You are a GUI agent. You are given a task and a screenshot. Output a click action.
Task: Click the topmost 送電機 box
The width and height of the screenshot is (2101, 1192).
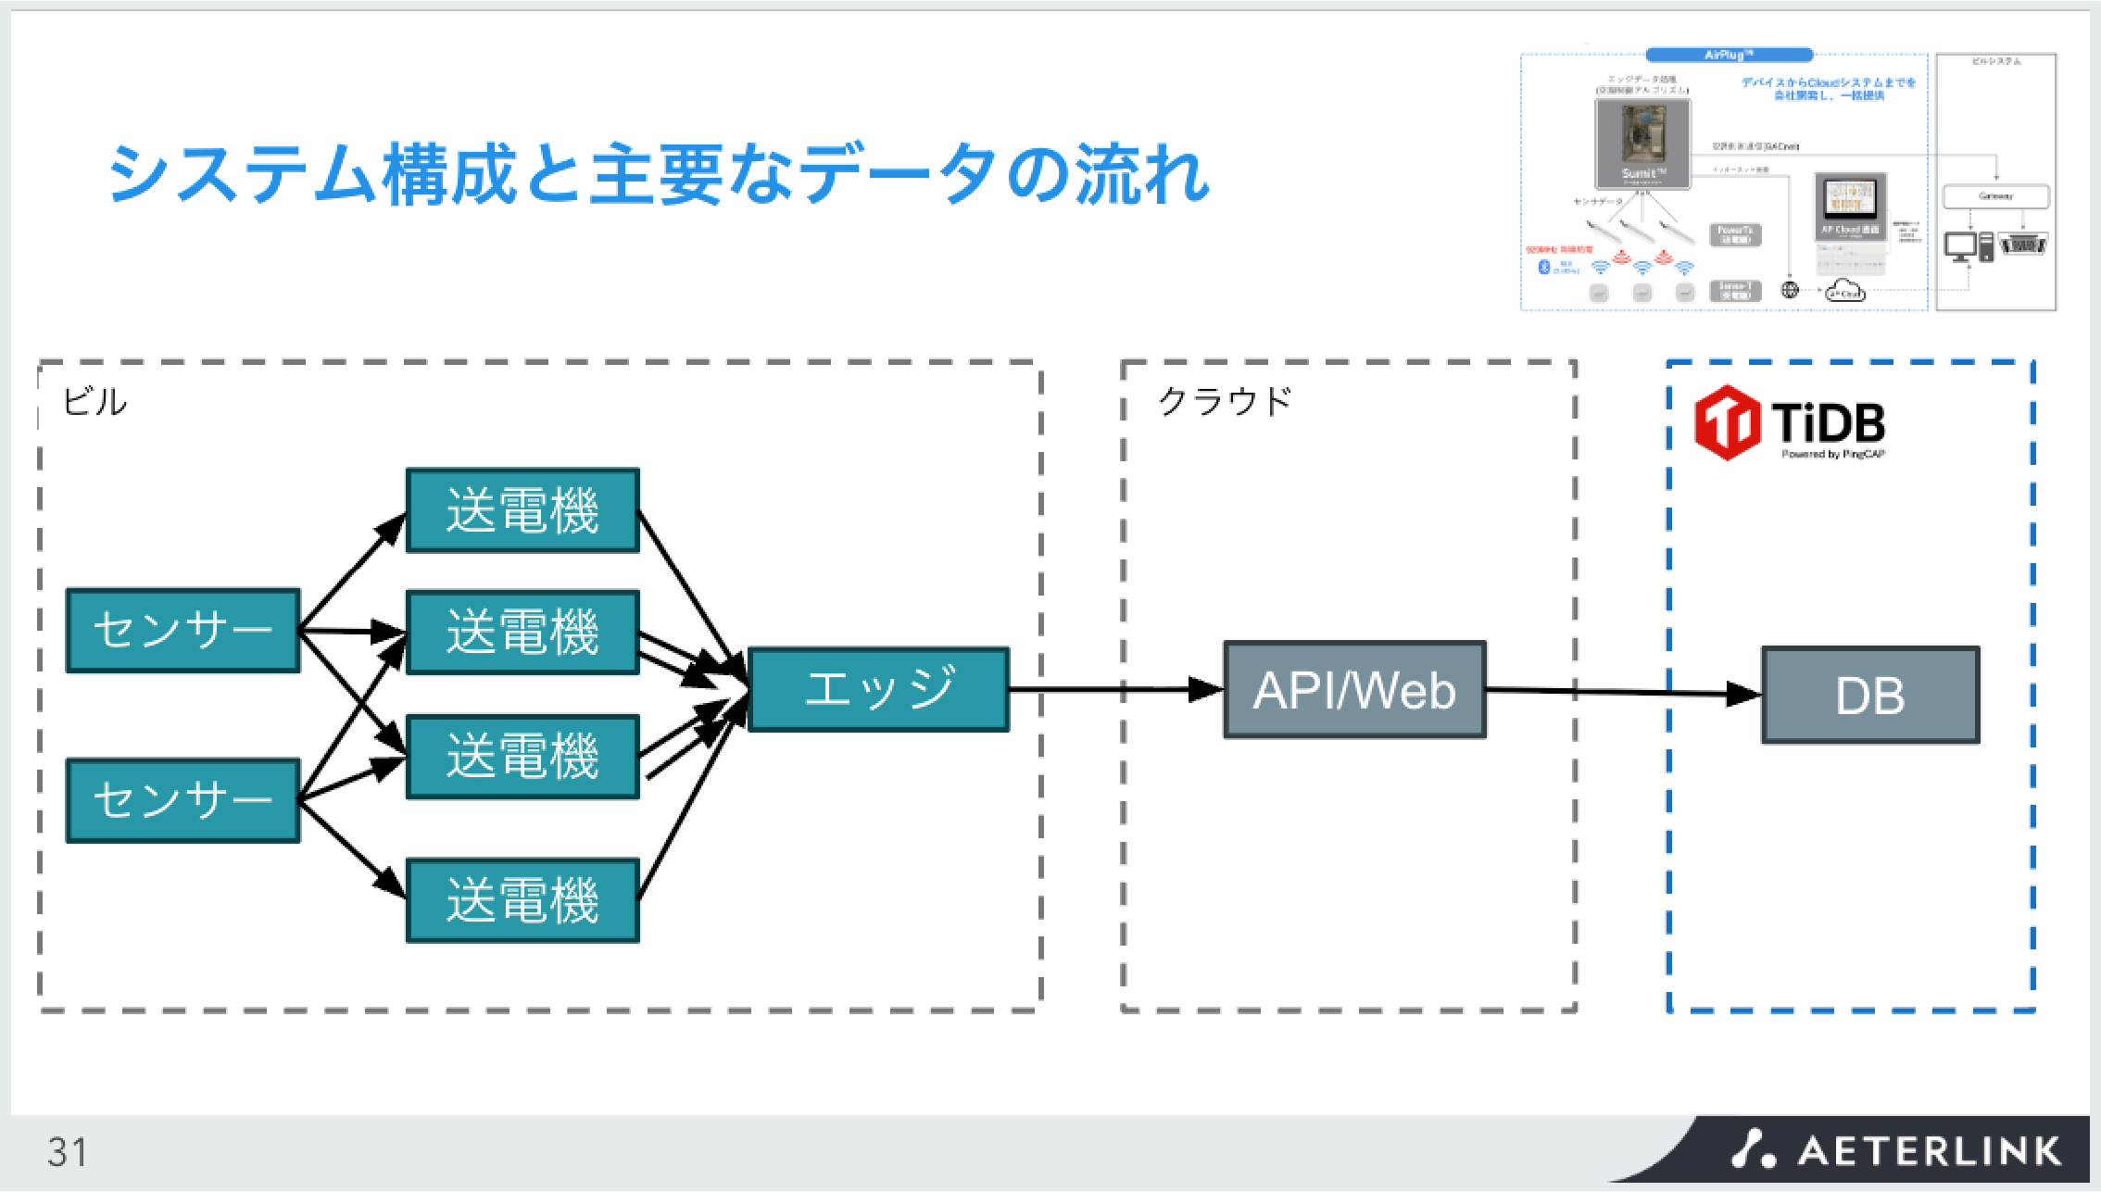point(522,510)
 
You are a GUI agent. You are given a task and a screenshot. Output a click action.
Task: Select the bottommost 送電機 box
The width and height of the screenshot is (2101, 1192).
point(522,900)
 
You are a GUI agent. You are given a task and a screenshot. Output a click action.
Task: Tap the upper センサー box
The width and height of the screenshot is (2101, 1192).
point(183,630)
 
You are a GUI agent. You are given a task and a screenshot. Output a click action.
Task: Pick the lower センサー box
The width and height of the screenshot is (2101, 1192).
point(183,800)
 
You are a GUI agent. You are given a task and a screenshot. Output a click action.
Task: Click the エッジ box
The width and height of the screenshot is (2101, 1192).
point(878,689)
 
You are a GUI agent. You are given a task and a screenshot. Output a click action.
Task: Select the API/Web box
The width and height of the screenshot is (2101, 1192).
point(1354,690)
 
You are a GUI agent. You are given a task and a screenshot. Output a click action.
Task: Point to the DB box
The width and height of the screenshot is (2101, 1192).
point(1870,696)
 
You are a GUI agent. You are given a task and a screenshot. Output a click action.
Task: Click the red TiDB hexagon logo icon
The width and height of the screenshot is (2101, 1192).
point(1727,423)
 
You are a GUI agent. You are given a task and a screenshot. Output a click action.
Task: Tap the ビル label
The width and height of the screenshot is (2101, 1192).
point(94,402)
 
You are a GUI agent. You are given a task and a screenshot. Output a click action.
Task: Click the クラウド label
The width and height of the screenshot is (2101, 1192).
point(1225,402)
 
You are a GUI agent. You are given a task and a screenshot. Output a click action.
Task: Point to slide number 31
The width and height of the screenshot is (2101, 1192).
point(68,1152)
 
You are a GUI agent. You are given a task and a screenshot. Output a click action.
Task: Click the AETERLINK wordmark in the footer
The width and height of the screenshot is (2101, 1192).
point(1929,1151)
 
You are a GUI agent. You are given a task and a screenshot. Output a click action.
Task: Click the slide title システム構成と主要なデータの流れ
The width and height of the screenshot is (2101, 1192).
point(659,174)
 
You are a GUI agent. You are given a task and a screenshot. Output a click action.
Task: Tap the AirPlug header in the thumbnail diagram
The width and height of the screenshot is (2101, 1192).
point(1729,56)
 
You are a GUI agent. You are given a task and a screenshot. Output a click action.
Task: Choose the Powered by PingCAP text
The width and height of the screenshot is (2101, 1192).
point(1832,455)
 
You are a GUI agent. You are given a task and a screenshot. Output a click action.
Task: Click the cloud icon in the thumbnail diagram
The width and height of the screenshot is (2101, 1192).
point(1844,292)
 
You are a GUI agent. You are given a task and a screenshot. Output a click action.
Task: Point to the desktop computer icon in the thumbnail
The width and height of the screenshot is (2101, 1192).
point(1960,246)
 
